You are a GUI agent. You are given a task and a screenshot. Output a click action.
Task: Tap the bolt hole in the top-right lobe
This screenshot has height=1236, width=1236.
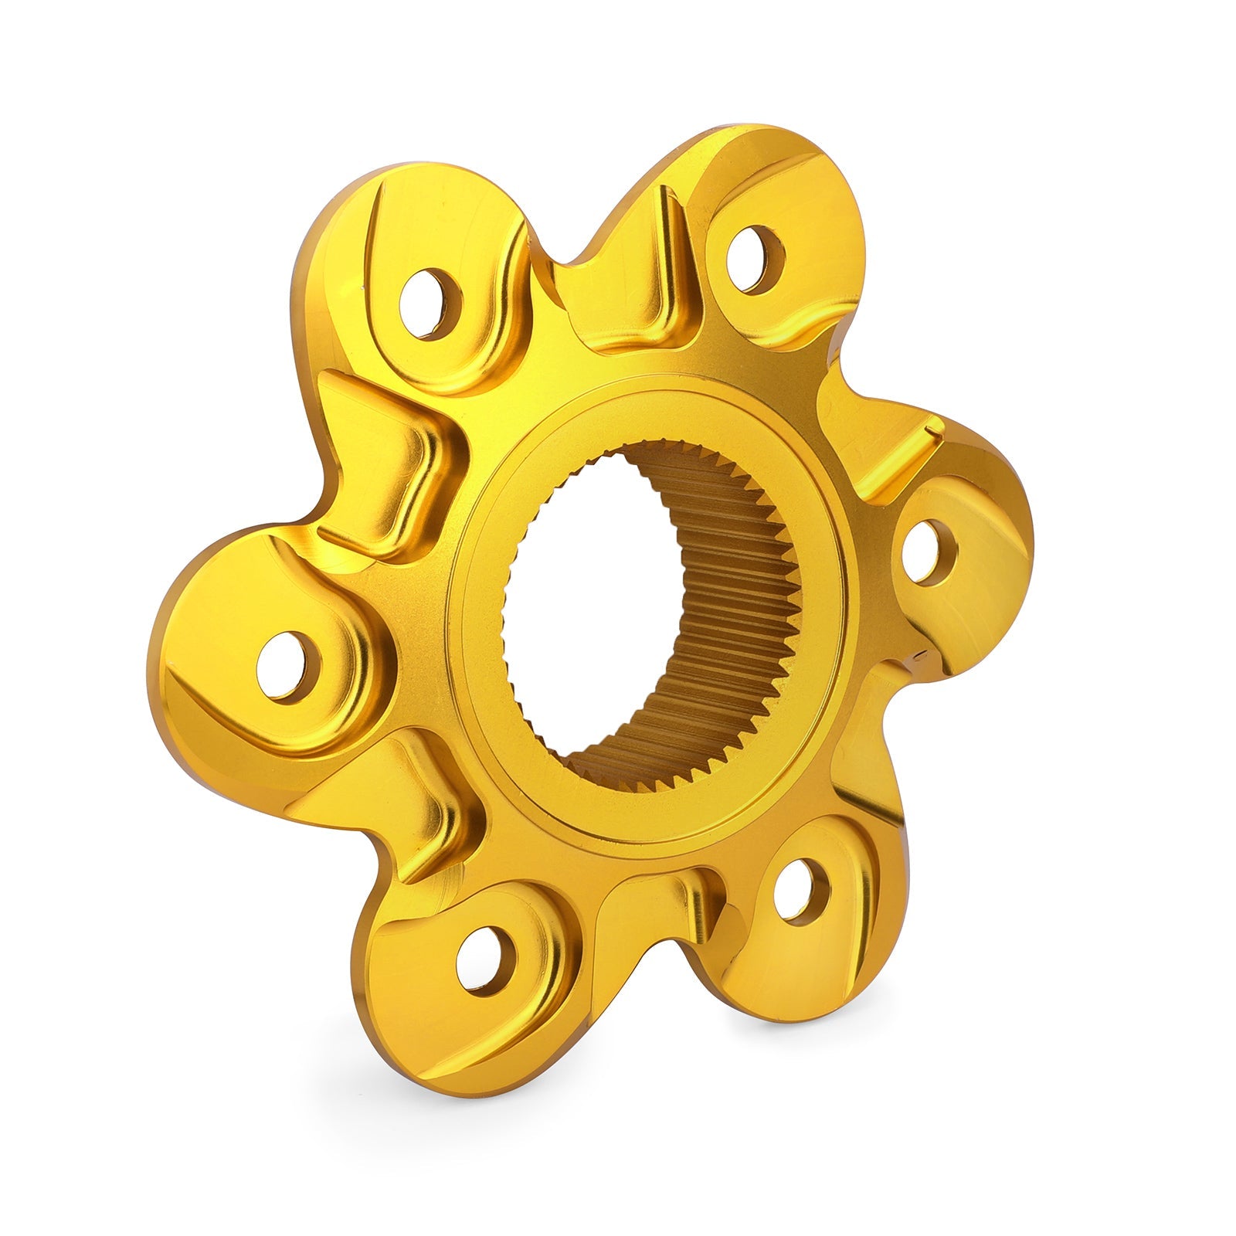coord(756,259)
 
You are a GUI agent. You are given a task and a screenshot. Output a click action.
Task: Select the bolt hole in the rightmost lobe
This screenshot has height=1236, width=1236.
coord(929,552)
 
